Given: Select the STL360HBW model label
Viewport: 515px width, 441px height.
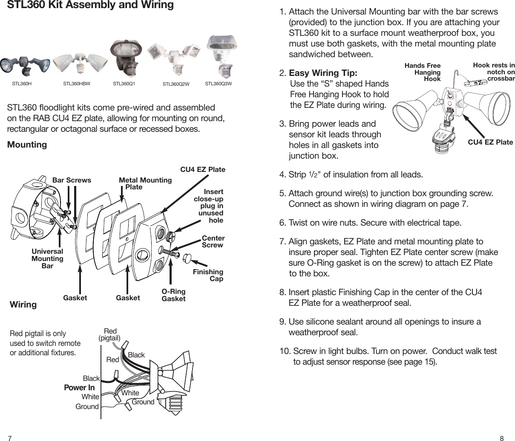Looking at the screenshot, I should pyautogui.click(x=77, y=84).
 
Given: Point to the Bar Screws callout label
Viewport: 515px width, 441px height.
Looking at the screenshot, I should pyautogui.click(x=72, y=180).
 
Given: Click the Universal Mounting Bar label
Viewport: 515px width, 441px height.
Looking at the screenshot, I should pyautogui.click(x=47, y=259).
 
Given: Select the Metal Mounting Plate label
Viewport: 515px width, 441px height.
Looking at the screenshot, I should pyautogui.click(x=145, y=183).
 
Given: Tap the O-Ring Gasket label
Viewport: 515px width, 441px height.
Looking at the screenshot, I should pyautogui.click(x=173, y=295).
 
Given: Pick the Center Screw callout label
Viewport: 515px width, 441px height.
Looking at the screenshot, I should pyautogui.click(x=213, y=241).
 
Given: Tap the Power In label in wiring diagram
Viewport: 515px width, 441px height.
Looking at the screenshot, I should pyautogui.click(x=79, y=388).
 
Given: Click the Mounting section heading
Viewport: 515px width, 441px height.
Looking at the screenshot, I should pyautogui.click(x=27, y=145).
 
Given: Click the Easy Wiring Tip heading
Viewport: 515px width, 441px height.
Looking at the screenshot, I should pyautogui.click(x=323, y=73).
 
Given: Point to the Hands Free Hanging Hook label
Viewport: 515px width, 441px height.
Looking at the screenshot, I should pyautogui.click(x=423, y=72).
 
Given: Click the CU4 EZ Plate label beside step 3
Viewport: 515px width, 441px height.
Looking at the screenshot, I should pyautogui.click(x=490, y=142).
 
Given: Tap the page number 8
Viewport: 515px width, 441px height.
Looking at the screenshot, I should pyautogui.click(x=502, y=438).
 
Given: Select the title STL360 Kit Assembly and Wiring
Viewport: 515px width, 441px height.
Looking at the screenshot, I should pyautogui.click(x=91, y=6).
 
